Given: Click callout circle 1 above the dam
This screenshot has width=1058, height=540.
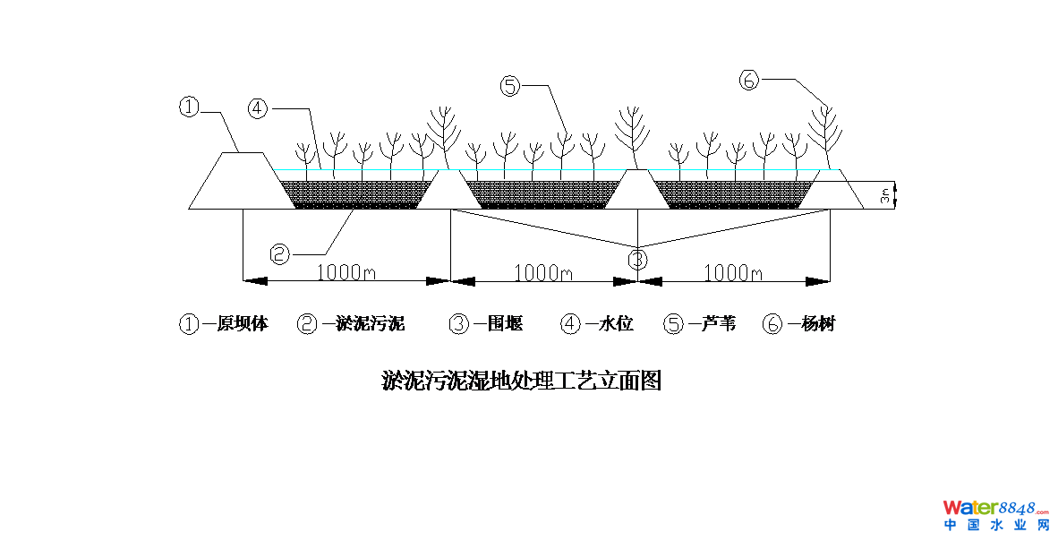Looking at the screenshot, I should [188, 107].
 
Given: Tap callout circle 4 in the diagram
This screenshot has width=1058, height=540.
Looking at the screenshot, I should [258, 108].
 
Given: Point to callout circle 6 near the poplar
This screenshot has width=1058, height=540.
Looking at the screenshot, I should [749, 80].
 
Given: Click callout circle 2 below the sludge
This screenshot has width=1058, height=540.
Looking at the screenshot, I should [280, 254].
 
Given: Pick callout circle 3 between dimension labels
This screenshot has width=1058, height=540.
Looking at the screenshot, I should [636, 261].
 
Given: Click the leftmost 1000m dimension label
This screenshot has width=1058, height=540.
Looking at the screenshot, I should [346, 272].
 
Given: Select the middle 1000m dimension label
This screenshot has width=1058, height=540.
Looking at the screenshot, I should [543, 272].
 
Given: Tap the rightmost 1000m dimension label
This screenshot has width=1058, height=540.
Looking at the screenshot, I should [733, 272].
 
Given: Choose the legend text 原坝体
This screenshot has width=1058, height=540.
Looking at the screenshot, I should [242, 324].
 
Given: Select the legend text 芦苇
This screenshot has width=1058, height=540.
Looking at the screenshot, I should [717, 324].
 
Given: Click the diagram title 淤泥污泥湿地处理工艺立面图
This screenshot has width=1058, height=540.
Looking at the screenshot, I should [521, 381].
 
